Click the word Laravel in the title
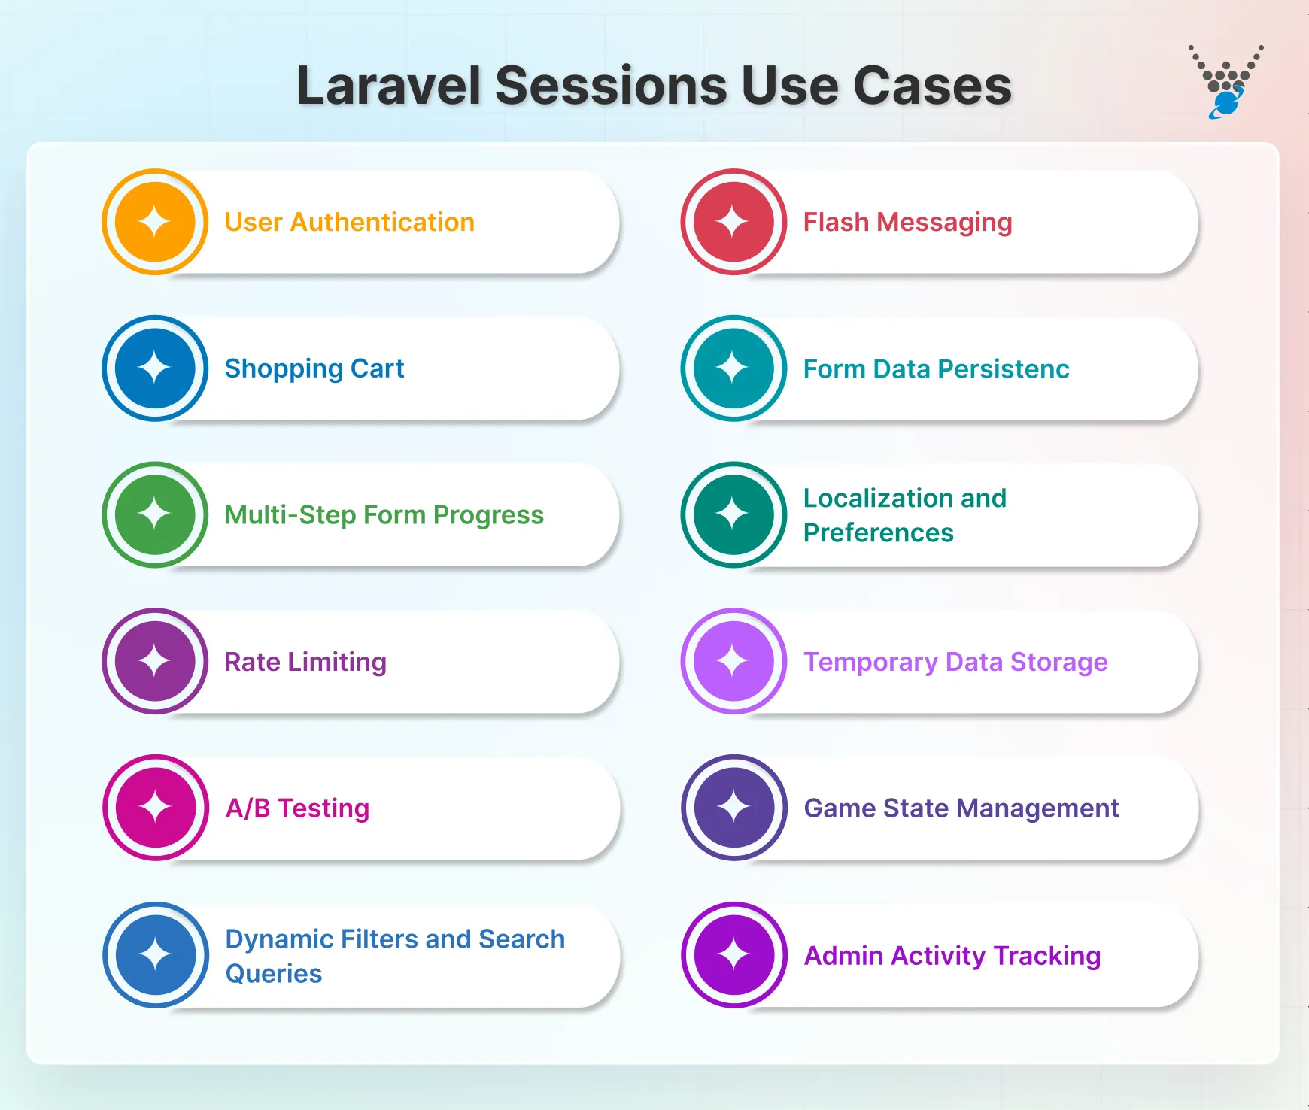pos(388,86)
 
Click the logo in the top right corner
pos(1226,82)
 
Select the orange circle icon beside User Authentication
pos(155,222)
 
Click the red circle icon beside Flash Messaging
pos(733,222)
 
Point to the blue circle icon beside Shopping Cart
pos(155,368)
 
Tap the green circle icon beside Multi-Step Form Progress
pos(155,514)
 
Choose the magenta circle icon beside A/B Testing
pos(156,808)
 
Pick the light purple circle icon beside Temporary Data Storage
pos(733,661)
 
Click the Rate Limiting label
pos(305,662)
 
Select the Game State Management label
pos(961,808)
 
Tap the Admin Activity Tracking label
pos(952,956)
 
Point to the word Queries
pos(274,974)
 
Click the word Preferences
pos(878,533)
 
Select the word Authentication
pos(382,223)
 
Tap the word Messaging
pos(944,223)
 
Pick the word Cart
pos(377,369)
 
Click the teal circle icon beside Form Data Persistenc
pos(733,368)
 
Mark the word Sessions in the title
pos(611,86)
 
